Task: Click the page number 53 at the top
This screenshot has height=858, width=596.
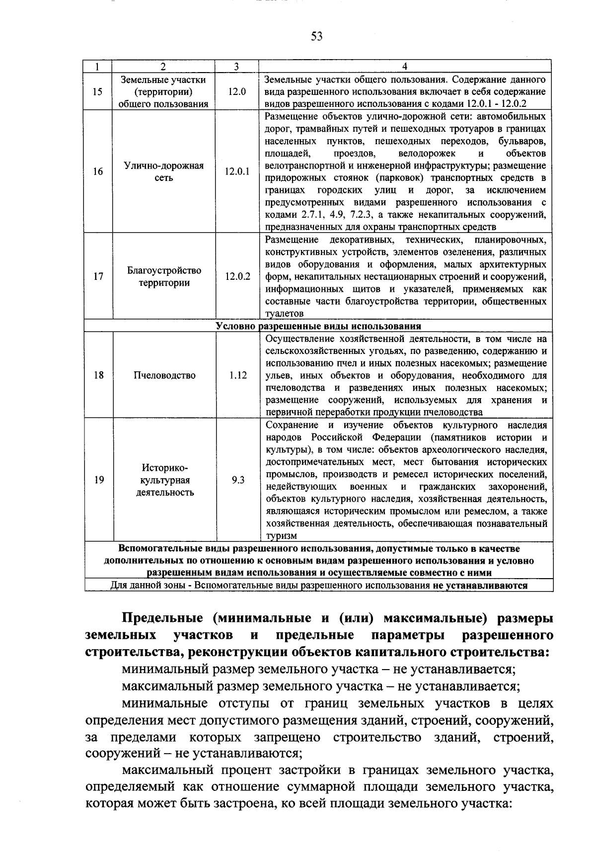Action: tap(316, 36)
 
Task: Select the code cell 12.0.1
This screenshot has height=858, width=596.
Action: tap(237, 172)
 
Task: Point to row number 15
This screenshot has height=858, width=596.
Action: tap(98, 92)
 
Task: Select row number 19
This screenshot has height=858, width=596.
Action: tap(98, 480)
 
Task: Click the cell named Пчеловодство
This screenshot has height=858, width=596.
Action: tap(164, 375)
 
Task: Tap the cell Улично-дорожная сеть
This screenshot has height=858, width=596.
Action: tap(164, 172)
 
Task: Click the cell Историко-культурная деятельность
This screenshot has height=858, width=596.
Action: tap(164, 480)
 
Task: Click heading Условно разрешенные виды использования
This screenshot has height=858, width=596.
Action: tap(318, 326)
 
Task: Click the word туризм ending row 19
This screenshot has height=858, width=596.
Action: tap(281, 536)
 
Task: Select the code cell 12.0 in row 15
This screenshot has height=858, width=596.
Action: tap(237, 92)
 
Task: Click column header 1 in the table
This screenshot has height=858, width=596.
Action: tap(98, 67)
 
